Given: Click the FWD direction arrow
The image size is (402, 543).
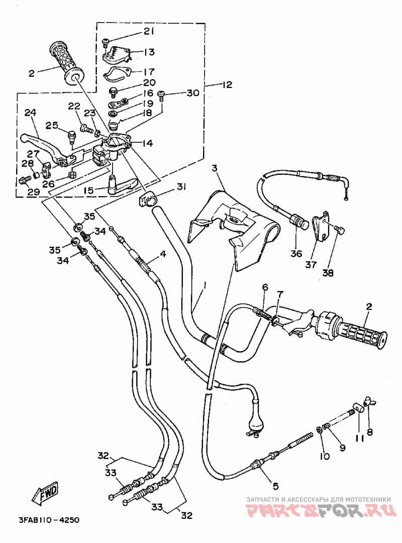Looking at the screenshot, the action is [x=45, y=492].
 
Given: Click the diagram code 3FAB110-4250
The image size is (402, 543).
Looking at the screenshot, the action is [x=49, y=520].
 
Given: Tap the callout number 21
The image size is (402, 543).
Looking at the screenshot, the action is [x=149, y=32].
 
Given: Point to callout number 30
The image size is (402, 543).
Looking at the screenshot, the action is [x=193, y=93].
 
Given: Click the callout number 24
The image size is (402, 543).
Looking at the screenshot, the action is [x=31, y=113].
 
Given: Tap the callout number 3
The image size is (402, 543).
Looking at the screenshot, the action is [x=215, y=168].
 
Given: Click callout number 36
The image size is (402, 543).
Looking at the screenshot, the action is [x=296, y=254].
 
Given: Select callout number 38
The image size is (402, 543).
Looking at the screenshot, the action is [x=328, y=273].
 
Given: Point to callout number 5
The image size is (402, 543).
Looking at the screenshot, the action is [x=275, y=486].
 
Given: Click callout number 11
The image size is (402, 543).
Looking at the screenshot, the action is [x=359, y=439].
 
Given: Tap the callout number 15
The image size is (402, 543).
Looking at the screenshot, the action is [x=88, y=191].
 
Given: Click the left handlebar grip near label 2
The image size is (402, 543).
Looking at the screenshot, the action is [x=66, y=63].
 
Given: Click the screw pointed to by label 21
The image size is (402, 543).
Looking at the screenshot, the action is [x=106, y=43].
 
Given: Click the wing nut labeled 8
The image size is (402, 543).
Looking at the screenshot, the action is [x=370, y=403].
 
